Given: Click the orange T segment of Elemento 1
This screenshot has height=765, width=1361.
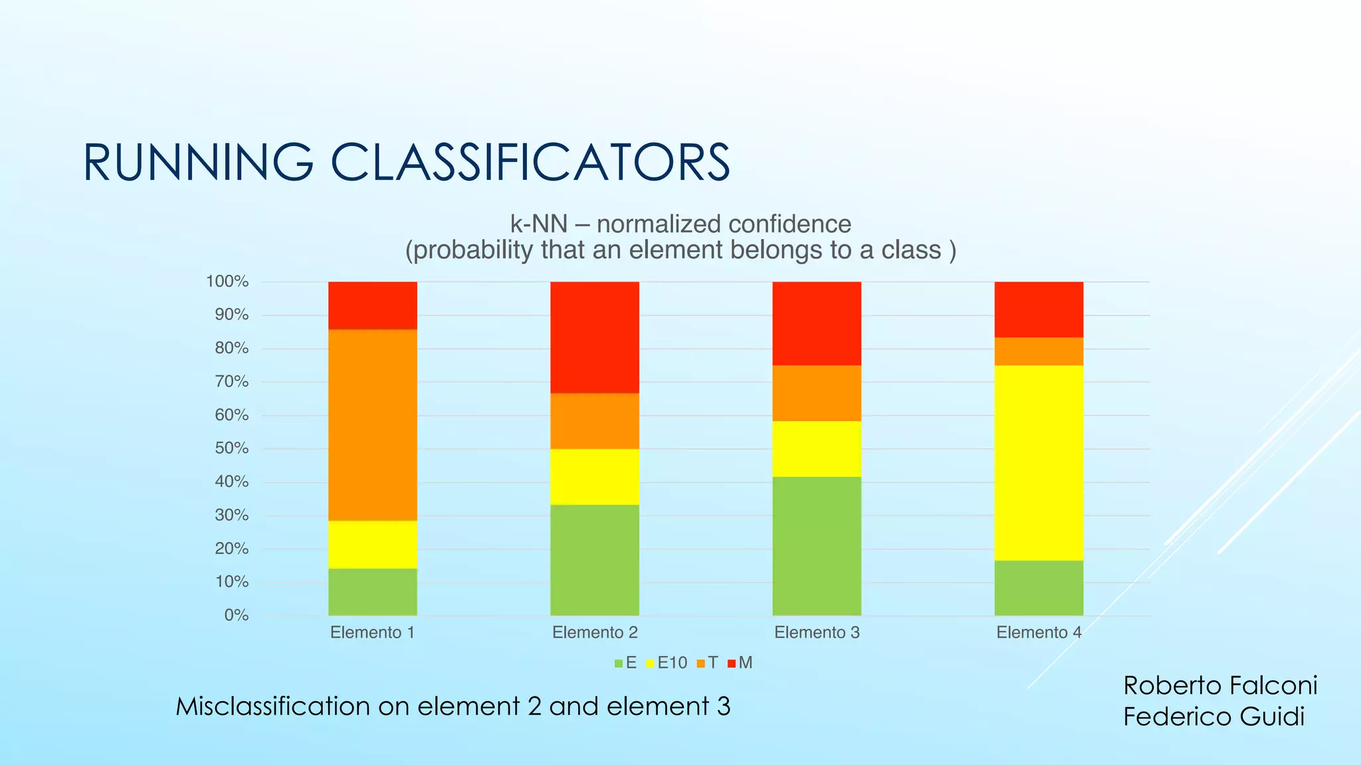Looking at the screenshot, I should [372, 425].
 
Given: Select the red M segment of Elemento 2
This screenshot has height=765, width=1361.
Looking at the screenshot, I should [594, 337].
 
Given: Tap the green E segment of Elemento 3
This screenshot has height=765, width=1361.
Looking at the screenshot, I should [816, 546].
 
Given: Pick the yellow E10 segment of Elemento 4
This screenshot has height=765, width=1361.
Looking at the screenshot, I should [1038, 463].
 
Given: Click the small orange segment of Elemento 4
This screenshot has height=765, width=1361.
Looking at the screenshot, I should [1038, 351].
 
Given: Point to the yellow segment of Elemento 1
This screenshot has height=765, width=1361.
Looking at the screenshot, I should [372, 545].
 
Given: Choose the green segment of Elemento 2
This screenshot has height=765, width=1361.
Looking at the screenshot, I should [594, 560].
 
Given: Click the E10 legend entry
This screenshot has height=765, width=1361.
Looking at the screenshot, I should [667, 663].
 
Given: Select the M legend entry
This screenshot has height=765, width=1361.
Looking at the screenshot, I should [741, 663].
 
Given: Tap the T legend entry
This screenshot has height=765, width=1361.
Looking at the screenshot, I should [708, 663].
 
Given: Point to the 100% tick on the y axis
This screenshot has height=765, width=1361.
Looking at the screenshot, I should [227, 282].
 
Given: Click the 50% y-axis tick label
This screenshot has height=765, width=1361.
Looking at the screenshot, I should [231, 448].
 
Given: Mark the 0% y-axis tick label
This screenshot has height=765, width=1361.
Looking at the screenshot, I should [236, 616].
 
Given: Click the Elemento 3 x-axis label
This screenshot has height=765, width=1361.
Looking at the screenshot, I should [816, 633].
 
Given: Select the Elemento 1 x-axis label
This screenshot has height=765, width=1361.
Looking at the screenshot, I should [372, 633].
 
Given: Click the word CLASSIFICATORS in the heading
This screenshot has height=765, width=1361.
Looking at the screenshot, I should [530, 163].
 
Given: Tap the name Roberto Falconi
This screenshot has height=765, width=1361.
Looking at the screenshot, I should [1219, 685].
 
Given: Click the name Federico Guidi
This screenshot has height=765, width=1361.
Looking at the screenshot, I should [1213, 717].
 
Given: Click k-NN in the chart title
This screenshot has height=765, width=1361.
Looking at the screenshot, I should [538, 224].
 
